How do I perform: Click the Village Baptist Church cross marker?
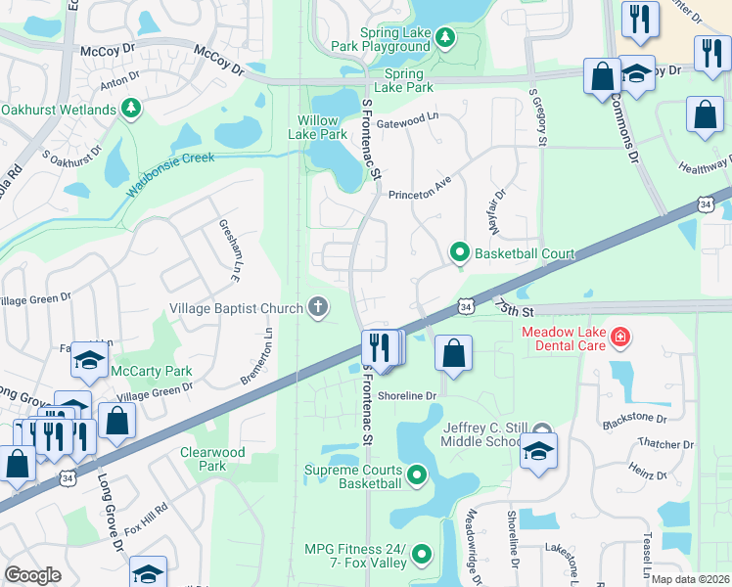coord(317,308)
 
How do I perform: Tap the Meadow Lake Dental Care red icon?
coord(618,339)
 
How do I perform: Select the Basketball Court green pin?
coord(459,253)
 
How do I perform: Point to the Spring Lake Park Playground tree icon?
coord(444,37)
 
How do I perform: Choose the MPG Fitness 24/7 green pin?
coord(422,555)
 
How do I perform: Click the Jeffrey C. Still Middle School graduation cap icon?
coord(538,452)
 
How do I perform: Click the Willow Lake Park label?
coord(322,127)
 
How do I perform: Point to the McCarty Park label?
coord(152,371)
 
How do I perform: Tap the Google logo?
coord(32,575)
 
